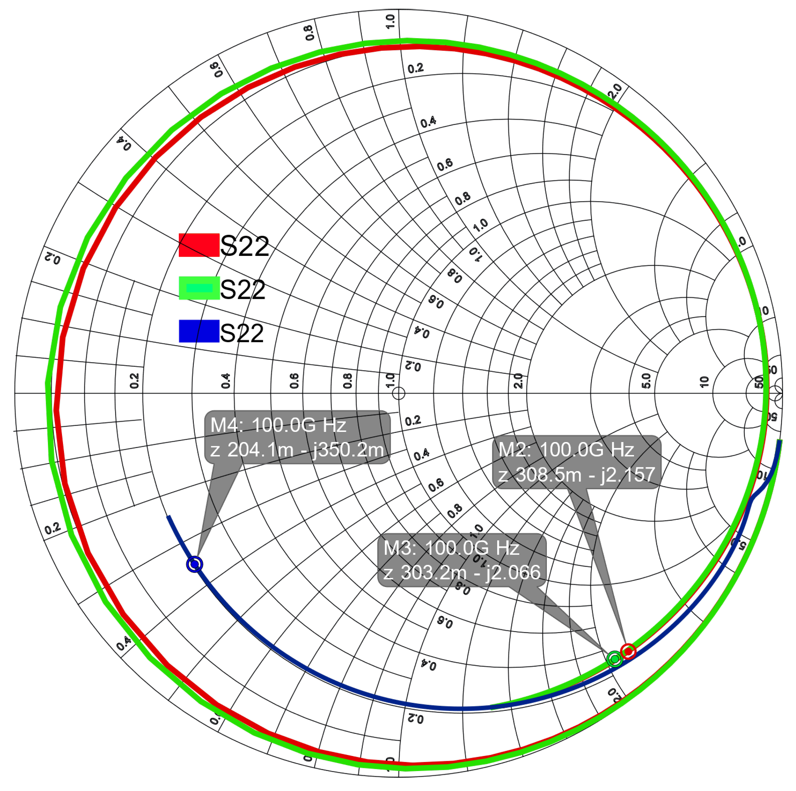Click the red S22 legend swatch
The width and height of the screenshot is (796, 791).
pos(199,245)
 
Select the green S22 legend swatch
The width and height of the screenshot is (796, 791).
pos(199,288)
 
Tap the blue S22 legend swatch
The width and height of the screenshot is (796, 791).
pos(199,331)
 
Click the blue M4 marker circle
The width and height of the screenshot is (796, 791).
pos(195,564)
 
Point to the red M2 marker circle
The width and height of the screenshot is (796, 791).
pos(628,651)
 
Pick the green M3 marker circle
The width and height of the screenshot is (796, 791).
pos(614,659)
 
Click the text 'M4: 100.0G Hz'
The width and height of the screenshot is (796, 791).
pos(278,425)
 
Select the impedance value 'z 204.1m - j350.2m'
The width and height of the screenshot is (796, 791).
pos(297,450)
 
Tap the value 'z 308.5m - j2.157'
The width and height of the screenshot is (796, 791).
pos(576,475)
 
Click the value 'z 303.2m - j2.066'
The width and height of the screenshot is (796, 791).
pos(462,573)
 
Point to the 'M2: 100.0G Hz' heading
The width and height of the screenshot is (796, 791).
pos(566,450)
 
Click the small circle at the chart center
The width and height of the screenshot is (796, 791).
pos(399,393)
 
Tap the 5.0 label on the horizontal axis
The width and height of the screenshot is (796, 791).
pos(646,381)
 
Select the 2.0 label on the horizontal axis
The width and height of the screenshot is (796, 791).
pos(518,381)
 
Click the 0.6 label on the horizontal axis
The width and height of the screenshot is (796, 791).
pos(294,381)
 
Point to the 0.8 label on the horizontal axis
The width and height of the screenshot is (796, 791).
pos(347,381)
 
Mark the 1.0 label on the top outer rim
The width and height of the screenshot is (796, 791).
pos(390,21)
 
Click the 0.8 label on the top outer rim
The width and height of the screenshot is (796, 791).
pos(309,33)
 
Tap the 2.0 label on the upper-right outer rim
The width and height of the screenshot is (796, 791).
pos(615,91)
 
